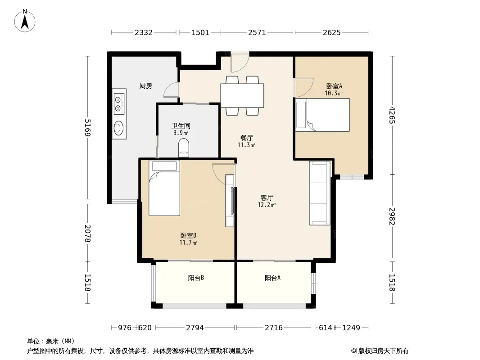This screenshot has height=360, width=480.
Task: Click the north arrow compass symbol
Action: point(25,21)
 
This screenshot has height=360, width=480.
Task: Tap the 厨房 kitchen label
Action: point(146,86)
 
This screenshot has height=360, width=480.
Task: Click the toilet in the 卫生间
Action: point(184,148)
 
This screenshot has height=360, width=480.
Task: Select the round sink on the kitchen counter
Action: point(119,127)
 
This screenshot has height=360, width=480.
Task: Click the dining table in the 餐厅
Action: point(242,95)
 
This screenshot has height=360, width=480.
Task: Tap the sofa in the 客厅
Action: point(320,193)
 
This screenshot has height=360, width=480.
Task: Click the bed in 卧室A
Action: point(323,115)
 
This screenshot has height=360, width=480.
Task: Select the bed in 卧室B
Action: point(164,188)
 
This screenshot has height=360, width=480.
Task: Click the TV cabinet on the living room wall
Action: point(230,201)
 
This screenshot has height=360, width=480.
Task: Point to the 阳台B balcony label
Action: point(196,278)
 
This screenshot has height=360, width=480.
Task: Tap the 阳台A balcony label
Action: point(272,278)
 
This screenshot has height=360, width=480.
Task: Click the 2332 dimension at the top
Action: point(144,32)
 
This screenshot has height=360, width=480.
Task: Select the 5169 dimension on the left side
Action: point(88,128)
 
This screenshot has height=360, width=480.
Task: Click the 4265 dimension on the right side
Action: point(392,115)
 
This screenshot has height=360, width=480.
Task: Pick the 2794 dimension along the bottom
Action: point(195,328)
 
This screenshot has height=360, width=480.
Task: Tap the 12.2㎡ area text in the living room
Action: point(267,205)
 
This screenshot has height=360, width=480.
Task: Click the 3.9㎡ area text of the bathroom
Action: point(181,133)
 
